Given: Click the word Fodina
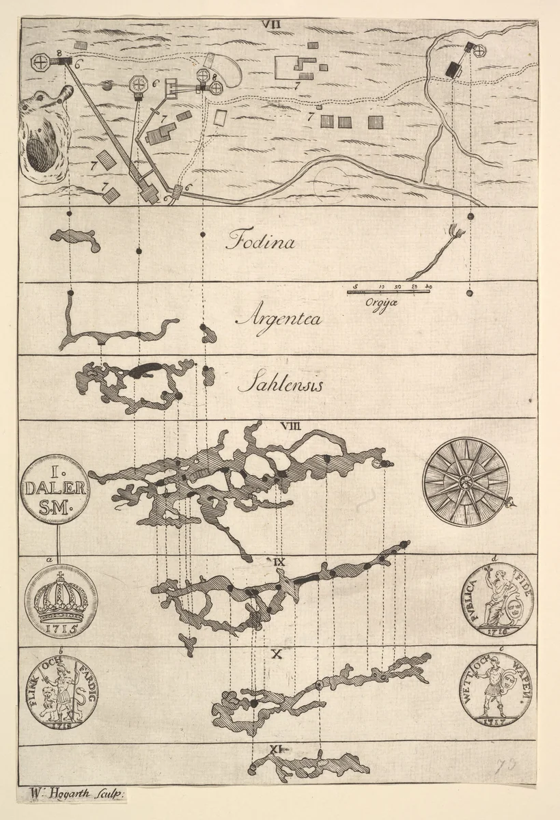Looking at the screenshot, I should (x=261, y=241).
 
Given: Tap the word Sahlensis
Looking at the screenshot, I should (x=280, y=385).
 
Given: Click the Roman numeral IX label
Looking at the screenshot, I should (x=279, y=562).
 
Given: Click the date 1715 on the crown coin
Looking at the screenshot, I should (x=59, y=626).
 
